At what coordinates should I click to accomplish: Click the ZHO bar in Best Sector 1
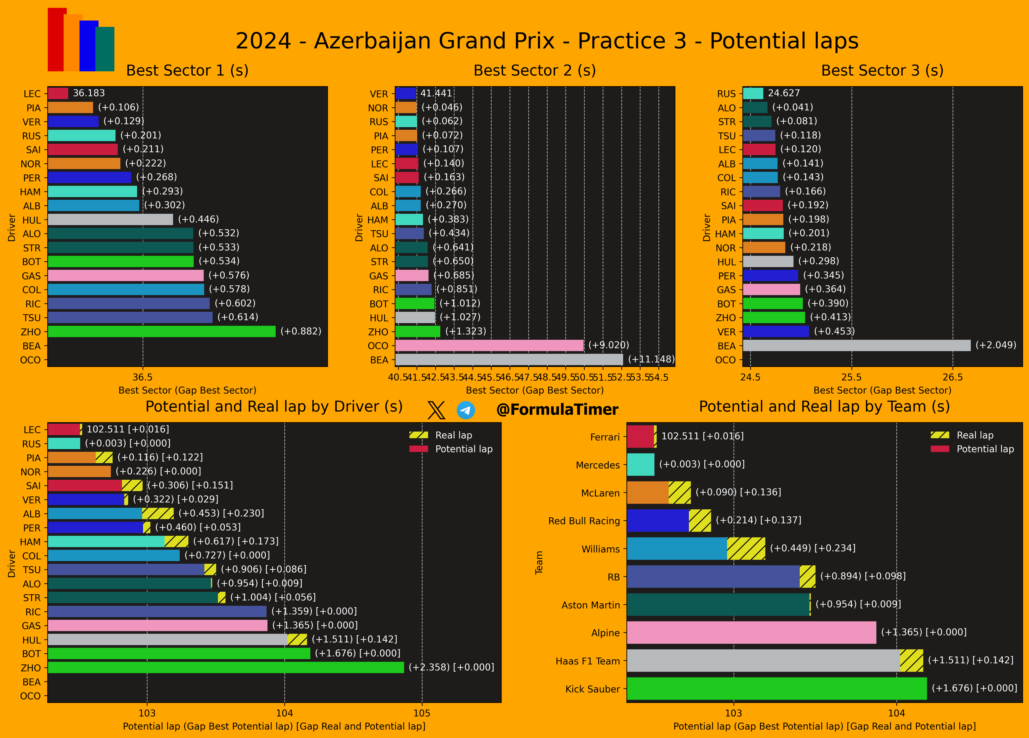pyautogui.click(x=162, y=331)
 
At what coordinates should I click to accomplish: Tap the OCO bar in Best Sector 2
pyautogui.click(x=489, y=346)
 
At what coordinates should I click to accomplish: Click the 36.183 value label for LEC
pyautogui.click(x=89, y=93)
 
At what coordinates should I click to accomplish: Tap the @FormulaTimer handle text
pyautogui.click(x=557, y=410)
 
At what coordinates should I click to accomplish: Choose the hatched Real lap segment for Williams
pyautogui.click(x=746, y=548)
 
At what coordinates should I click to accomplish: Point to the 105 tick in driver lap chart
pyautogui.click(x=422, y=713)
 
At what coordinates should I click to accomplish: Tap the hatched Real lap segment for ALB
pyautogui.click(x=158, y=513)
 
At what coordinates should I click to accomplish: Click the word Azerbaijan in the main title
pyautogui.click(x=434, y=41)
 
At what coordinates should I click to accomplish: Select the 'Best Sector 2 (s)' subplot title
pyautogui.click(x=534, y=70)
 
